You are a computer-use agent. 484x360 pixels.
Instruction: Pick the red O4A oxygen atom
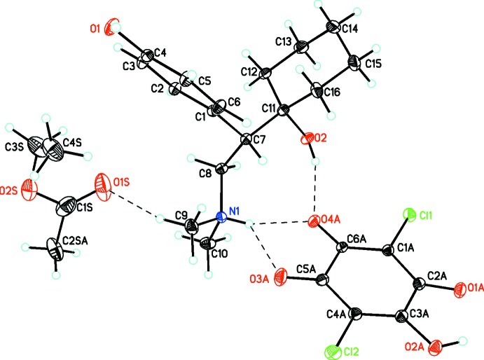pos(316,223)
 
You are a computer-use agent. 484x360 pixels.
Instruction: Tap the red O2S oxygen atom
pos(29,188)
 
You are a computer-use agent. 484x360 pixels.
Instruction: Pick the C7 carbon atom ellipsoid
pos(247,140)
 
